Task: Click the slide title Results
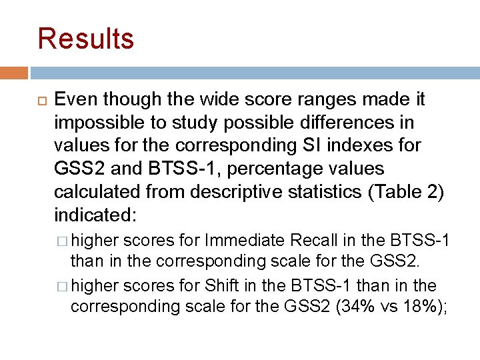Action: coord(86,39)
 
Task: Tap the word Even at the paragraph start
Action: coord(75,100)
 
